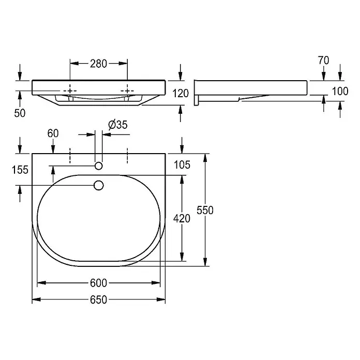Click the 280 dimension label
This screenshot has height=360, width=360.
98,64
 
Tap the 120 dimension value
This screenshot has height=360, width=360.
181,94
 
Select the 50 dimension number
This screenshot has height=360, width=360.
20,113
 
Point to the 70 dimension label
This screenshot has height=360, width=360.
323,61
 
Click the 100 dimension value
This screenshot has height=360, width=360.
340,92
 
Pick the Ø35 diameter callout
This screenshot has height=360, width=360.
118,125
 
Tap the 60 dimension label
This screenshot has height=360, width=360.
53,133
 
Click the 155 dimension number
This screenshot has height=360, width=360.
20,170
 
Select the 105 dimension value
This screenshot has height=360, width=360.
182,165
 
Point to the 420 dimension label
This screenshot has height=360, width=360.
182,219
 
